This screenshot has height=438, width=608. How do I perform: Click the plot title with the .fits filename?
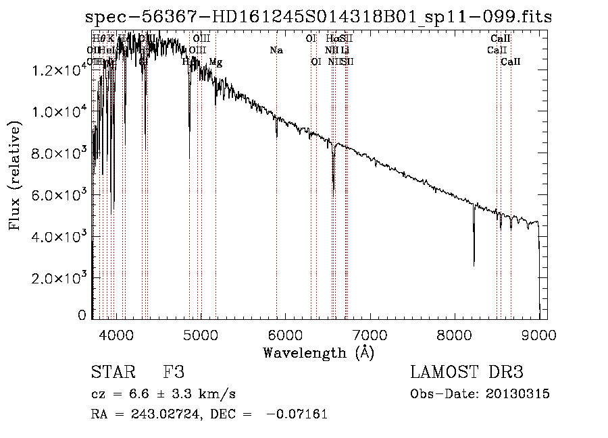tap(319, 17)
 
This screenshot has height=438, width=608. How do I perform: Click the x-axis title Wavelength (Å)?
tap(318, 352)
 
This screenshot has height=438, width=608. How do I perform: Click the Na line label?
tap(276, 50)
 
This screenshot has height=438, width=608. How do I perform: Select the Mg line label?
tap(216, 62)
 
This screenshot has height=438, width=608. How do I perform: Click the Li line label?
tap(345, 50)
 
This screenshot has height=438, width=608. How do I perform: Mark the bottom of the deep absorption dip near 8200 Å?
tap(474, 265)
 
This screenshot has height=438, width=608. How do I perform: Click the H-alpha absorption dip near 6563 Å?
tap(333, 189)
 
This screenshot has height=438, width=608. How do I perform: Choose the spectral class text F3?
tap(174, 373)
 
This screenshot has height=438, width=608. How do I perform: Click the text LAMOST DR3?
tap(467, 373)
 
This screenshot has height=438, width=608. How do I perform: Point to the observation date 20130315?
tap(517, 393)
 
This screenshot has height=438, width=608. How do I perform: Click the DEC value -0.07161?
tap(297, 414)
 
